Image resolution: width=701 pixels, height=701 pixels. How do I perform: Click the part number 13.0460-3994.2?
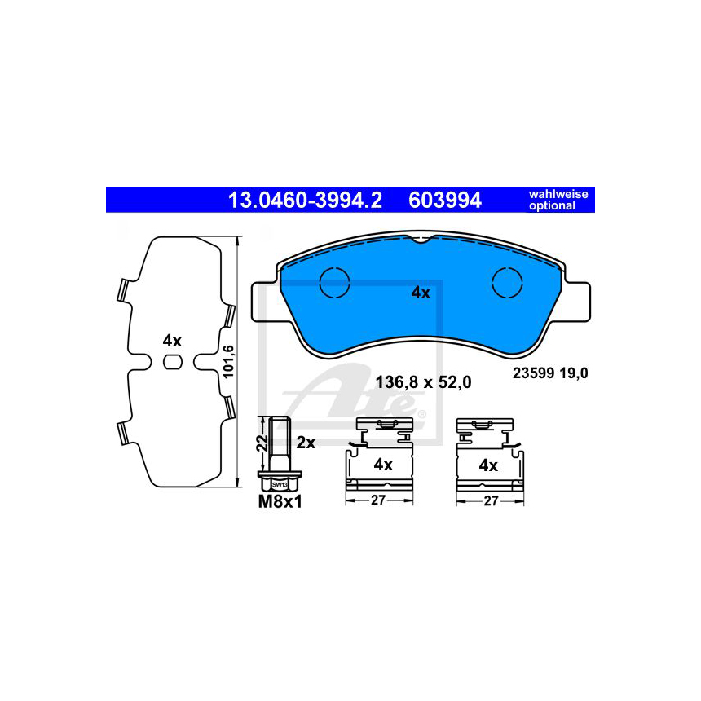[306, 201]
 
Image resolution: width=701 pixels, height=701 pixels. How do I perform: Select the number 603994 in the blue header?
[445, 201]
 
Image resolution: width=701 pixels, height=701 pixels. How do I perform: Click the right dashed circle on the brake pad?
[509, 284]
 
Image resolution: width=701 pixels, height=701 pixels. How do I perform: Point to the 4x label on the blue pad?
[420, 293]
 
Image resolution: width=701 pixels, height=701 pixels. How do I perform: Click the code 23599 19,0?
[549, 373]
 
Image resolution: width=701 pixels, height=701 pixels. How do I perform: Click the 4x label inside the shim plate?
[172, 339]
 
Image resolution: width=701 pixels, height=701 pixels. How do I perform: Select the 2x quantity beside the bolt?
[306, 443]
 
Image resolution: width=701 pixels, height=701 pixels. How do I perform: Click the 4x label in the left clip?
[383, 465]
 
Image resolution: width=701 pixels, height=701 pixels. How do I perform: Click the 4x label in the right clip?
[487, 465]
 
